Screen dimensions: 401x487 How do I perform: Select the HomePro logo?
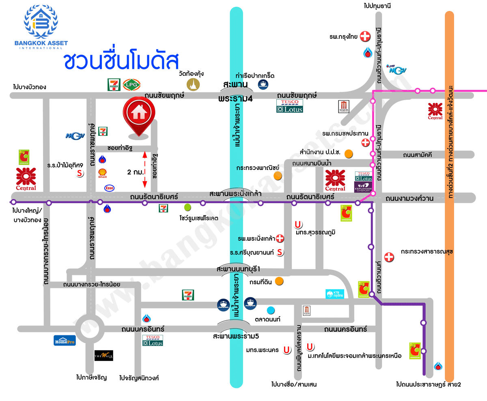coord(65,340)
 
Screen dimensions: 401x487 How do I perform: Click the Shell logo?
coord(102,174)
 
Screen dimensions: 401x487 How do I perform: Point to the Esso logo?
coord(109,188)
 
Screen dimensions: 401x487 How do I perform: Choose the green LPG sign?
coord(131,84)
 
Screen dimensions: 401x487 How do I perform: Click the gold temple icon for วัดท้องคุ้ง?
coord(193,84)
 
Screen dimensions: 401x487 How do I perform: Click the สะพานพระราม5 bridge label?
coord(236,336)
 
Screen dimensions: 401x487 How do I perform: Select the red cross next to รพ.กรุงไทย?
coord(365,36)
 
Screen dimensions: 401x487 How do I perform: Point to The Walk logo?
coord(103,356)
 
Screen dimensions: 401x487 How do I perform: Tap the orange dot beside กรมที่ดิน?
coord(279,281)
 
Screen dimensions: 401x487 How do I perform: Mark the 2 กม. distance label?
coord(135,172)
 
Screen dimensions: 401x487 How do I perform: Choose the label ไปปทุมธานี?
coord(379,6)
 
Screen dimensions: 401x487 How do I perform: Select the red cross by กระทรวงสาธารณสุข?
coord(389,257)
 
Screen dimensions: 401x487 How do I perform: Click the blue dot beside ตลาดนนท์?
coord(271,311)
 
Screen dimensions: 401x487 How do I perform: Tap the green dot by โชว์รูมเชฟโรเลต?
coord(187,208)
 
